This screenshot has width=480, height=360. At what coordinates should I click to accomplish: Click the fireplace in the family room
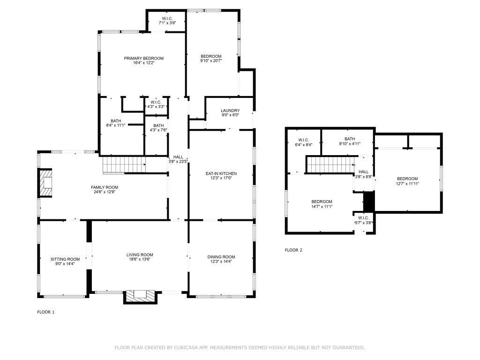coord(46,183)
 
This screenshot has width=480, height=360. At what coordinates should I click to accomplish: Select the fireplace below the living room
coord(139,296)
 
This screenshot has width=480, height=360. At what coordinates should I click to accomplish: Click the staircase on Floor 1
coord(123,165)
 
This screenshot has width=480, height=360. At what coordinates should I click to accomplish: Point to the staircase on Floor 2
coord(330,165)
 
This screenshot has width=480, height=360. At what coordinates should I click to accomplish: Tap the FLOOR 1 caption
coord(46,312)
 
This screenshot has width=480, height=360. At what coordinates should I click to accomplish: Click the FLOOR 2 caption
coord(293,250)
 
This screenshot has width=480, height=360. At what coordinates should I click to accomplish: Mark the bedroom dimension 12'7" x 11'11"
coord(407,184)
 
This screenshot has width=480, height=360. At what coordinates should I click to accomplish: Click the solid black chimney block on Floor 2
coord(369,202)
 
